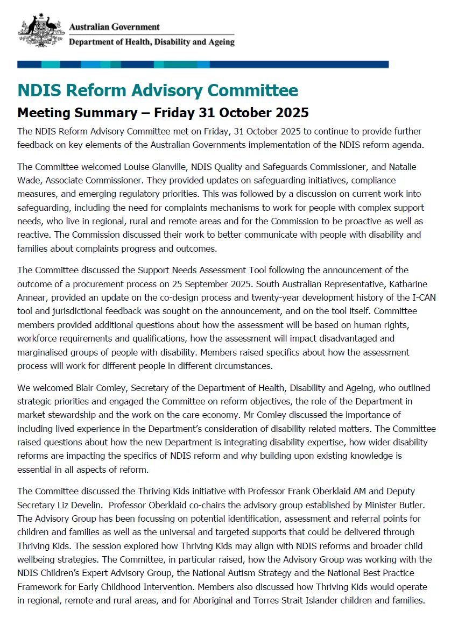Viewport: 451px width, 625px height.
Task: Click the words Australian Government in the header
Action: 115,26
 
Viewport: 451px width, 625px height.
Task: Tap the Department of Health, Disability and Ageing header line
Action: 152,42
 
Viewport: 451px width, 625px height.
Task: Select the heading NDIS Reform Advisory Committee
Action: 158,90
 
